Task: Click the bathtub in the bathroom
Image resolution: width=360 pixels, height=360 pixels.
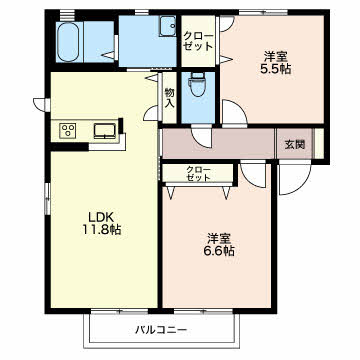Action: [x=68, y=42]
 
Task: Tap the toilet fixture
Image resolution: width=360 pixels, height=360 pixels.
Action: [x=197, y=85]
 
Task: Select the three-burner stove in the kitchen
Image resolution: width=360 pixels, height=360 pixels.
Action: [x=68, y=130]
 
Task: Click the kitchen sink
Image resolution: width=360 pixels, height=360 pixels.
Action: [x=105, y=130]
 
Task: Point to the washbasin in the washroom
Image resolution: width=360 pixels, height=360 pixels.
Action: [x=168, y=26]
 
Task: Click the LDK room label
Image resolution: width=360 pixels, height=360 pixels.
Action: [x=101, y=218]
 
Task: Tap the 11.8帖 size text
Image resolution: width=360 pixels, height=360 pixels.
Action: [x=101, y=230]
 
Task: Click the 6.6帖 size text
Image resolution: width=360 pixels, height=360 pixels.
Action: [x=219, y=251]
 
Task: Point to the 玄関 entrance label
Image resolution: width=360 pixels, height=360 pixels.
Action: [x=295, y=145]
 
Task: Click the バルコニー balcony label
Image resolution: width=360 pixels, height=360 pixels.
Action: [x=161, y=330]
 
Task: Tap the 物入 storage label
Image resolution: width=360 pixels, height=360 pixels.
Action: [x=169, y=97]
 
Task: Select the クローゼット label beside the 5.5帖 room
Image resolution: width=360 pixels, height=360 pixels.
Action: [x=199, y=41]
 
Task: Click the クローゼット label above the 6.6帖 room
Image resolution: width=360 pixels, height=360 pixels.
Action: [x=198, y=173]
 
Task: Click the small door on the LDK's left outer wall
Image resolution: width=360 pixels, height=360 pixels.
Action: [x=41, y=105]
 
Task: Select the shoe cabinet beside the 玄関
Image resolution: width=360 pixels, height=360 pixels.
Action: [x=319, y=143]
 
